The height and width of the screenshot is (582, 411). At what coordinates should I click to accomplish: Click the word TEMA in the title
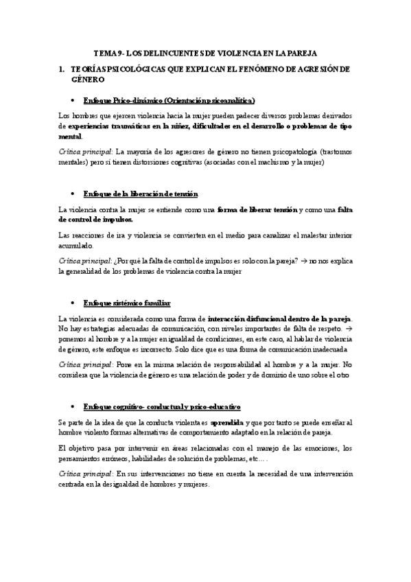(105, 53)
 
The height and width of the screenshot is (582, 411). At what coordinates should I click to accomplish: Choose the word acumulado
(77, 246)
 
